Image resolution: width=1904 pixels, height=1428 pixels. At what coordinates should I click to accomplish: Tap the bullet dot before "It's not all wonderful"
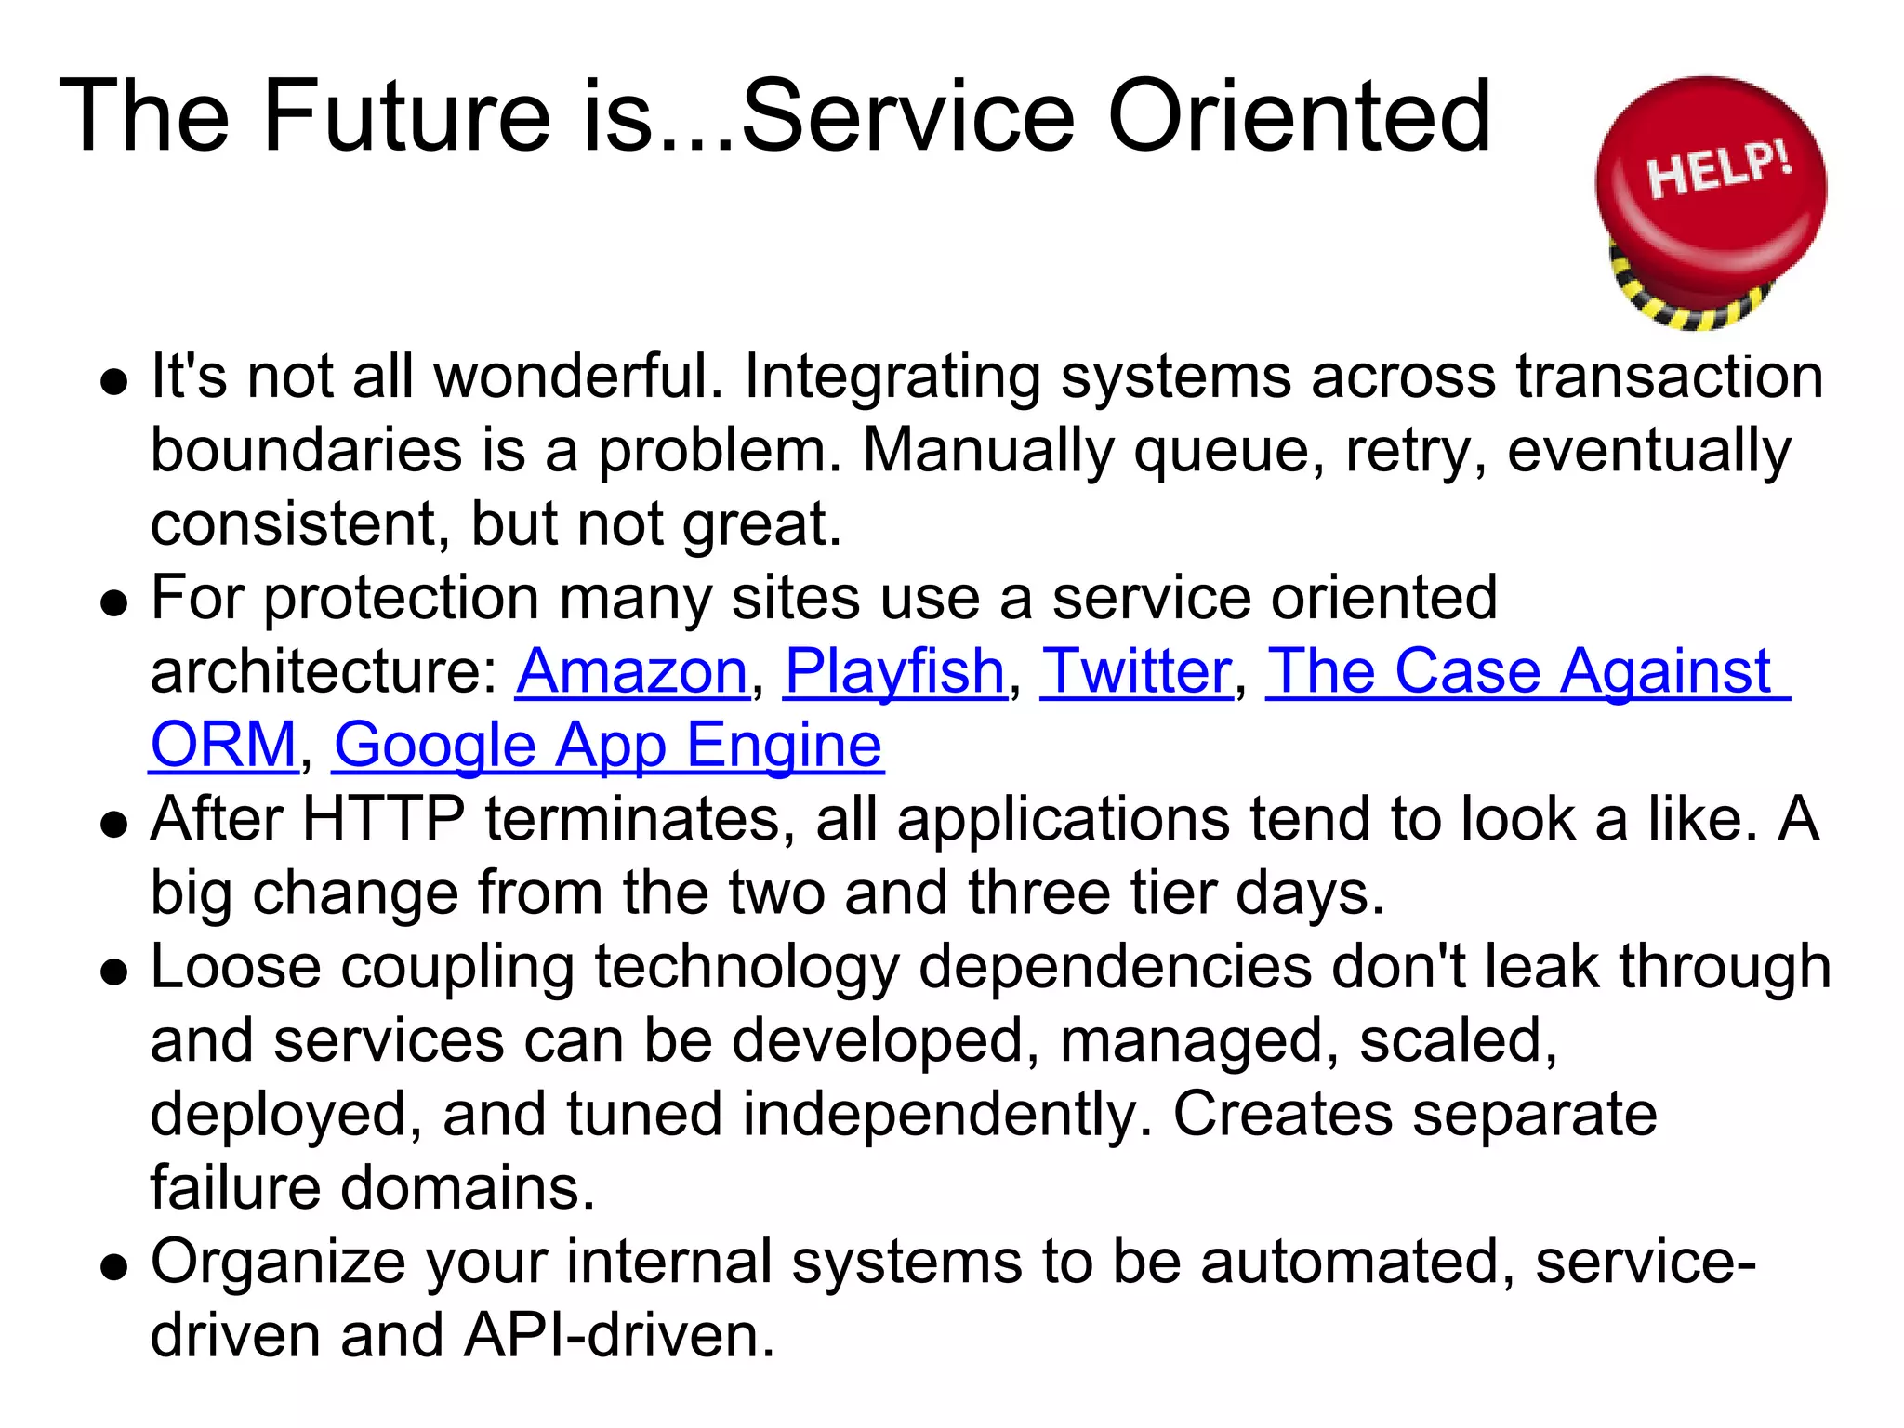point(114,381)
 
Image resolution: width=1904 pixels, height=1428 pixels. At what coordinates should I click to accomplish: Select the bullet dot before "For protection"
point(114,602)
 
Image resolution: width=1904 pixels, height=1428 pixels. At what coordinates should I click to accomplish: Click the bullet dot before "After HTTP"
point(114,824)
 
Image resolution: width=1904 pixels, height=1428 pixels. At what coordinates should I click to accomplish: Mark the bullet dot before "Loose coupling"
point(114,972)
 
